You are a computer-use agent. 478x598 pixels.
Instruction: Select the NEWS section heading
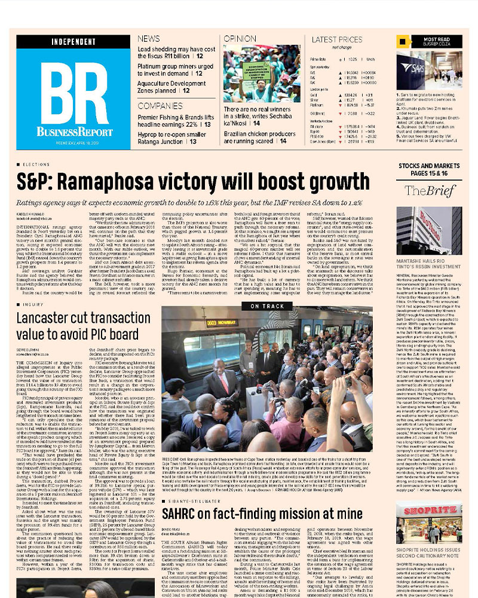point(149,38)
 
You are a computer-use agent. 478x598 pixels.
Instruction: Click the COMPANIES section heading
point(160,106)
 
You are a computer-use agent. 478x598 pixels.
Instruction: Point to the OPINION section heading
point(240,38)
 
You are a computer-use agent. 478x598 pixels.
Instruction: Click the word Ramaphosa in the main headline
point(121,180)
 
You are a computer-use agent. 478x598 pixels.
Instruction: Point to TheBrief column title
point(424,191)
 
